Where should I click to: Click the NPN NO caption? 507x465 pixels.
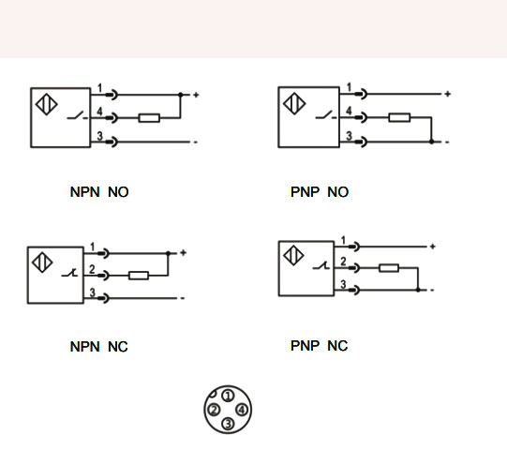[x=99, y=192]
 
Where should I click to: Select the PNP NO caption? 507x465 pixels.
[x=320, y=192]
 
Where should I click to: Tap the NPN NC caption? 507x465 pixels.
[x=99, y=347]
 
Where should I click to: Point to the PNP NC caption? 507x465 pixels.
[x=320, y=346]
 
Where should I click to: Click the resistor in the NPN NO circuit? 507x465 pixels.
[x=149, y=118]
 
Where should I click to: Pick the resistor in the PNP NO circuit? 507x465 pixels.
[x=399, y=117]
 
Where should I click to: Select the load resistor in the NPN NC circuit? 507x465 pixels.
[x=139, y=276]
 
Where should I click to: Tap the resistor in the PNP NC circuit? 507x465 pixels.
[x=389, y=268]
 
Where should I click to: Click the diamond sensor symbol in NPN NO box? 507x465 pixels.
[x=47, y=104]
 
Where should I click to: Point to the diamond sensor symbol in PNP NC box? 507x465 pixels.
[x=293, y=255]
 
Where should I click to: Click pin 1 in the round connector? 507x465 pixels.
[x=229, y=396]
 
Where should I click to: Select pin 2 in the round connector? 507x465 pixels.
[x=214, y=410]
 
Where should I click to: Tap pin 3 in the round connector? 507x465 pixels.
[x=229, y=424]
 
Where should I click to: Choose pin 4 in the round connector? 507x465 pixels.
[x=242, y=410]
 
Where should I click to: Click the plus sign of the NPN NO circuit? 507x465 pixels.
[x=196, y=95]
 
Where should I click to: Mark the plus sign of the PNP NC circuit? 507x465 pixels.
[x=433, y=247]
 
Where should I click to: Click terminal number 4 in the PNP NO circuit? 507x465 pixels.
[x=349, y=111]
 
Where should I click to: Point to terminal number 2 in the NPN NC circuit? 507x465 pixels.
[x=92, y=269]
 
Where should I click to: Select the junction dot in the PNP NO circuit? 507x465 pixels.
[x=431, y=142]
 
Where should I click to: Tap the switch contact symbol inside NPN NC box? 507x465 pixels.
[x=69, y=273]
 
